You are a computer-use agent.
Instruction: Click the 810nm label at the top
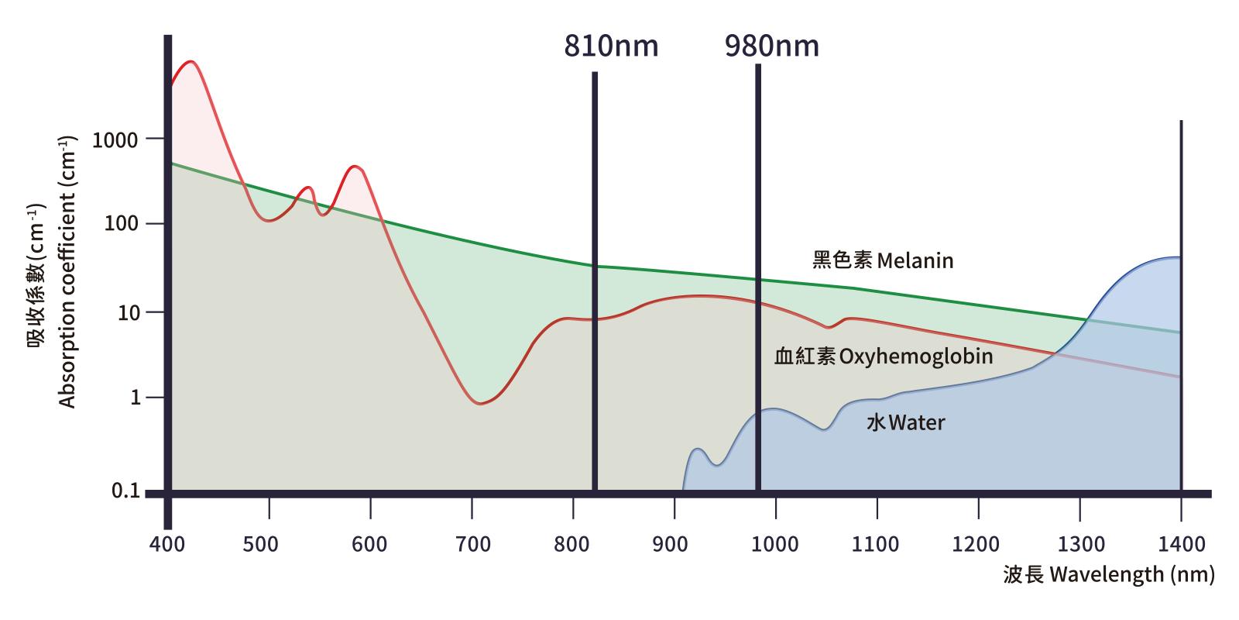click(611, 46)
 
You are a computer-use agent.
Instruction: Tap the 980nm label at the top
click(772, 46)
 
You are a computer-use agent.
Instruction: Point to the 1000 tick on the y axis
click(115, 140)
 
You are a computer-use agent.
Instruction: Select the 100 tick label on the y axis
click(122, 224)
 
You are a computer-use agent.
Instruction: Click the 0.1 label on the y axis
click(126, 491)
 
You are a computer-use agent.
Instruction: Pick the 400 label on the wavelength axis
click(167, 544)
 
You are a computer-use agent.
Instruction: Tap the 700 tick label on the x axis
click(472, 544)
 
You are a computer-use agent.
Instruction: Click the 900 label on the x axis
click(670, 544)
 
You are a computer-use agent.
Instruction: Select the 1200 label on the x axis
click(976, 544)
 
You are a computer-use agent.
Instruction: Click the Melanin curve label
click(883, 260)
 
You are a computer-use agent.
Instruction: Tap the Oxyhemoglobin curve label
click(884, 356)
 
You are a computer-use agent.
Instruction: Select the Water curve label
click(906, 422)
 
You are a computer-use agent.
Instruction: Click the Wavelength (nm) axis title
click(1108, 574)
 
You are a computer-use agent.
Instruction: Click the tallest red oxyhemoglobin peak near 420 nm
click(190, 62)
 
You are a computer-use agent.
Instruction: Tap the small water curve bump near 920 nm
click(697, 449)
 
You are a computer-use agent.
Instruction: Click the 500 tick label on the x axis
click(261, 544)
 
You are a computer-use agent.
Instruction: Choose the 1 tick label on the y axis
click(136, 398)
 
